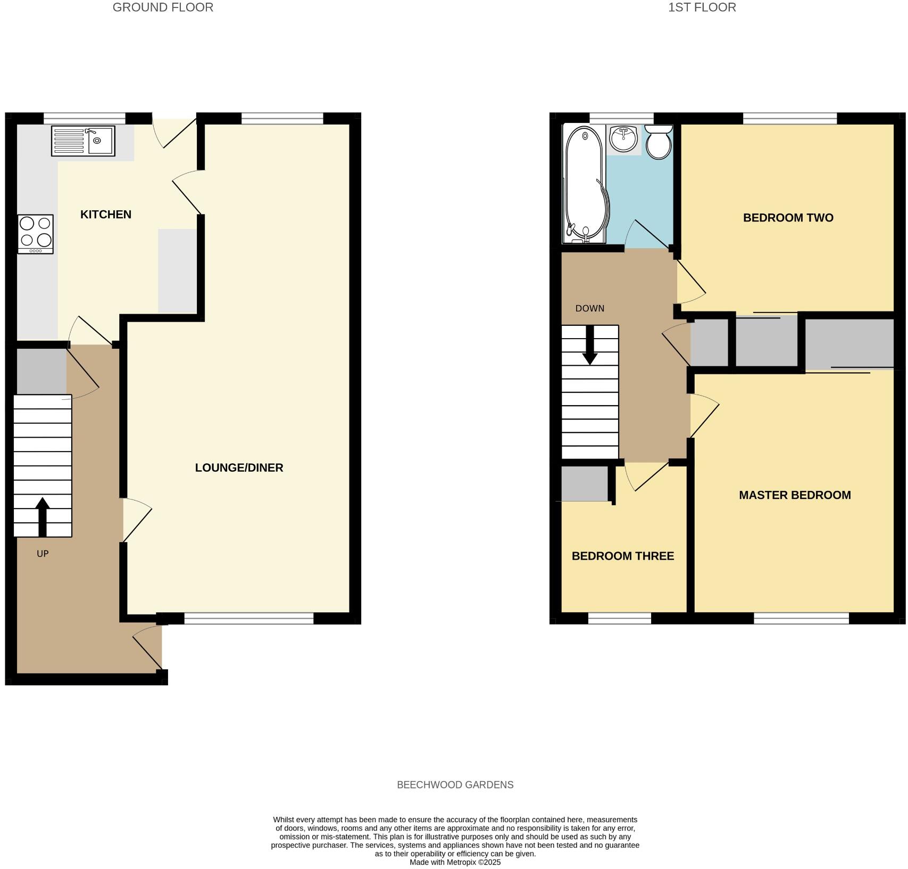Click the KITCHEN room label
click(x=105, y=214)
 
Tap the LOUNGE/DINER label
click(x=239, y=468)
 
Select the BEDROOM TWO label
click(x=788, y=217)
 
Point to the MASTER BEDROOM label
click(x=795, y=495)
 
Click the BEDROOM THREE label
click(x=622, y=556)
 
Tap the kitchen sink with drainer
click(x=83, y=141)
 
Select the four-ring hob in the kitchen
click(x=36, y=234)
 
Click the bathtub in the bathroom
click(x=585, y=184)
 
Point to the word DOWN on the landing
click(x=589, y=308)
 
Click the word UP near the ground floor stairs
click(x=43, y=554)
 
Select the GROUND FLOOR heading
click(x=163, y=7)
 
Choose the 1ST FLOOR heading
click(x=702, y=7)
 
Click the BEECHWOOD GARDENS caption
click(x=455, y=785)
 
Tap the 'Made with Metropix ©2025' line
click(x=455, y=862)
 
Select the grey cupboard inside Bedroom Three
click(x=585, y=483)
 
